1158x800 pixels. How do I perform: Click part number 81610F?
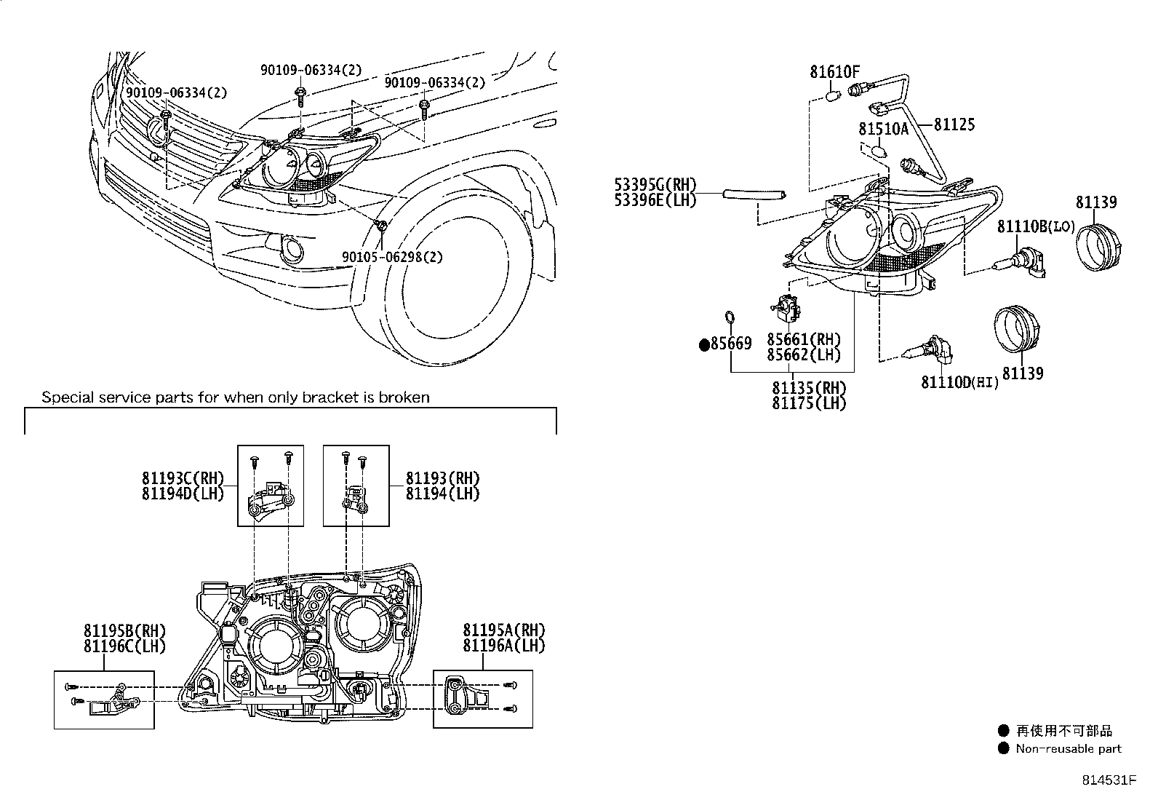[835, 72]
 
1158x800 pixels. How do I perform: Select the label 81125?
[954, 124]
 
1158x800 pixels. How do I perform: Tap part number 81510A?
[883, 129]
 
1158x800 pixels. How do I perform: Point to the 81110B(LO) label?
[1035, 227]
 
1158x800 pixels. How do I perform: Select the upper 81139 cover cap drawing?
[1096, 248]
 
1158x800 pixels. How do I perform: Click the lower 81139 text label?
[1022, 373]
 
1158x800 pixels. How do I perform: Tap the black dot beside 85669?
[703, 345]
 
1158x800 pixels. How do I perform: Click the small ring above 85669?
[730, 318]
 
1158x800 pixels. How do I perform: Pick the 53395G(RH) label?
[655, 185]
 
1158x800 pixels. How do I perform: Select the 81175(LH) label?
[809, 403]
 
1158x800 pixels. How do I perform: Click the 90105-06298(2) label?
[392, 257]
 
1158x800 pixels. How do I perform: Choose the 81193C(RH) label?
[183, 478]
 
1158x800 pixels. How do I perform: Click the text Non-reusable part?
[1069, 748]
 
